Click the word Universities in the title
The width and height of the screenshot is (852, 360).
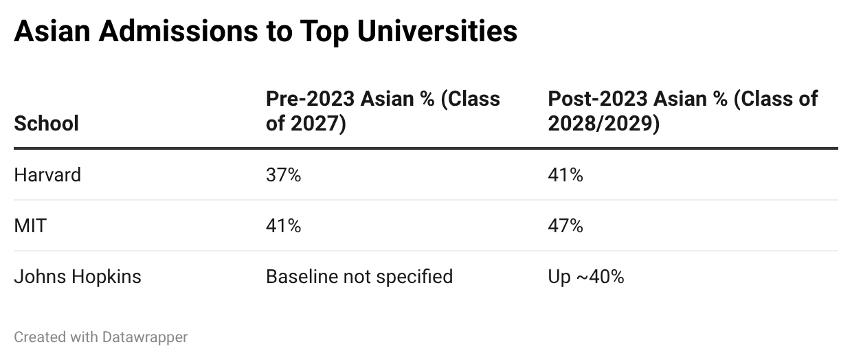click(x=437, y=31)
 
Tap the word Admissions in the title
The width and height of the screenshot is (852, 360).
click(x=179, y=31)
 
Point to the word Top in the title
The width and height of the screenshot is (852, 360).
click(x=324, y=32)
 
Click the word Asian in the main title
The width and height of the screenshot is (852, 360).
click(x=52, y=31)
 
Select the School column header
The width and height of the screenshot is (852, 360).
click(x=47, y=124)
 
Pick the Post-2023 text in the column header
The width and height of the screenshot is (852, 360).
click(x=598, y=99)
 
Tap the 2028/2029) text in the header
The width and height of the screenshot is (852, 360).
click(x=604, y=124)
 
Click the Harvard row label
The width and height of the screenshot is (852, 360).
click(x=47, y=175)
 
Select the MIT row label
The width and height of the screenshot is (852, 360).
click(x=30, y=226)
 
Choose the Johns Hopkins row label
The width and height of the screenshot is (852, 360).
click(x=78, y=276)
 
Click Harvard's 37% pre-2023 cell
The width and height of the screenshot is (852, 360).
click(x=283, y=175)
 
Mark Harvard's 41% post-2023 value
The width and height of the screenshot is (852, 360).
click(x=565, y=175)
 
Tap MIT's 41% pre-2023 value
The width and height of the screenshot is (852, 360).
click(x=283, y=226)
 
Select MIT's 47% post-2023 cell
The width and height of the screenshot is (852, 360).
click(x=565, y=226)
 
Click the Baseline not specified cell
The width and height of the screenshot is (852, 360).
click(x=359, y=277)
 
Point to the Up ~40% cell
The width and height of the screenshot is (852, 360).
click(x=586, y=277)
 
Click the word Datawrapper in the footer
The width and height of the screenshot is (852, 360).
click(x=145, y=337)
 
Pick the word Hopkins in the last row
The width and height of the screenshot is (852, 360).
click(x=106, y=277)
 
